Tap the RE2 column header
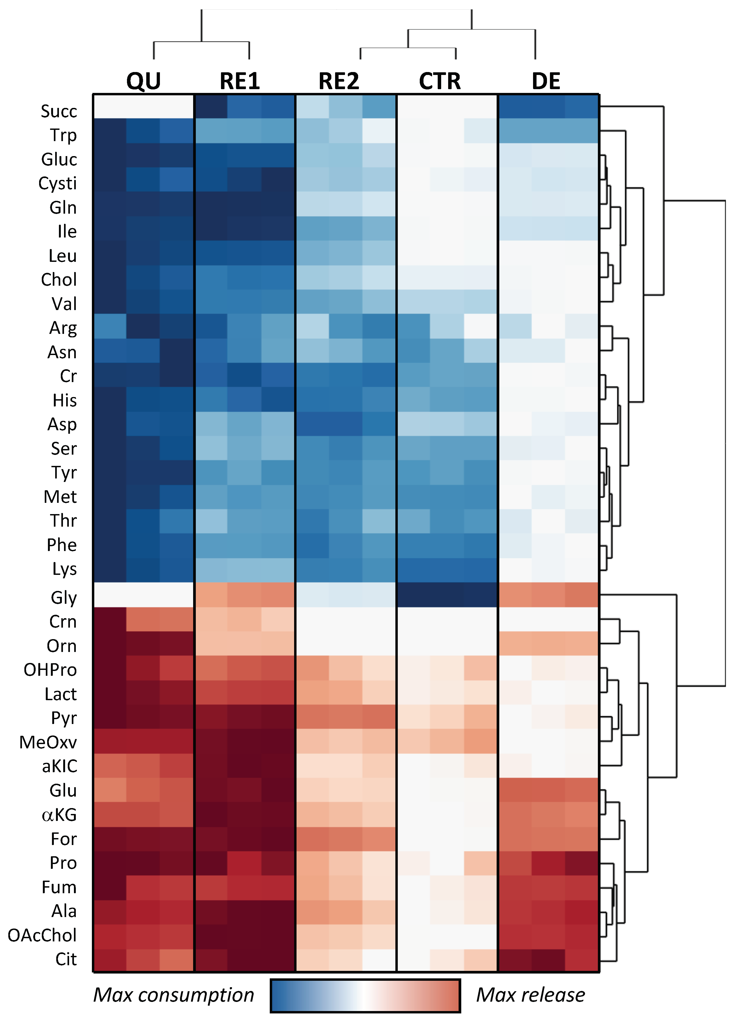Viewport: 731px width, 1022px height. tap(339, 81)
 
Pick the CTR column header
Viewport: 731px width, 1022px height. tap(440, 81)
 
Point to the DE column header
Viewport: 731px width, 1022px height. tap(546, 81)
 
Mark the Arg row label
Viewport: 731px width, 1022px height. tap(63, 328)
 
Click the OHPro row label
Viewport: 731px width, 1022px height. tap(50, 670)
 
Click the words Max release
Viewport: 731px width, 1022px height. tap(530, 995)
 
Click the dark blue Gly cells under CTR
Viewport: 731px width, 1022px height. tap(447, 595)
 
